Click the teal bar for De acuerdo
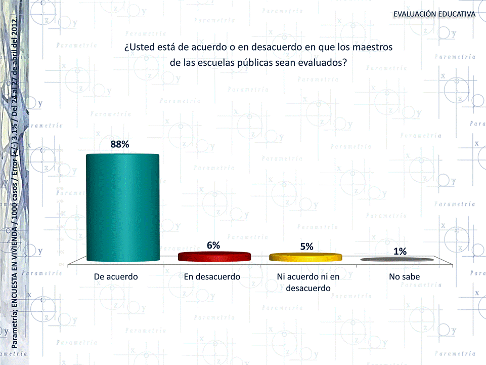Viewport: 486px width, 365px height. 122,208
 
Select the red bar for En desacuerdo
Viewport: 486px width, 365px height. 214,257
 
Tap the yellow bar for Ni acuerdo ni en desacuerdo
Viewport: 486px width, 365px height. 305,257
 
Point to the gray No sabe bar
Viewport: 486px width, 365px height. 397,260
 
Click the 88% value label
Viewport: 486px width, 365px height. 120,144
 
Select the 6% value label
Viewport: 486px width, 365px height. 213,245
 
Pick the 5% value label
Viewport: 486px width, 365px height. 306,247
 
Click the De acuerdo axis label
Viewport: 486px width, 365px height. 116,277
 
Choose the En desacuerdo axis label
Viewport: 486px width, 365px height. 212,277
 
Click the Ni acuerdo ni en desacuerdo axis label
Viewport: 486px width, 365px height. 308,282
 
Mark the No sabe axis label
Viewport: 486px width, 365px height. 404,277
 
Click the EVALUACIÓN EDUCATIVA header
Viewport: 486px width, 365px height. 434,14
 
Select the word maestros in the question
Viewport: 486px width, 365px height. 374,48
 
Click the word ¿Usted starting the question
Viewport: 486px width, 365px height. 139,48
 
